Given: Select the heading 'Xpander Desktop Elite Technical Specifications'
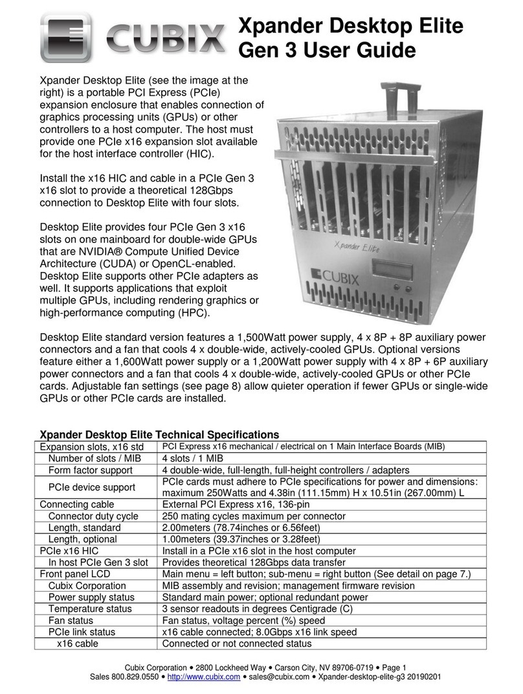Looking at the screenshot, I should coord(159,435).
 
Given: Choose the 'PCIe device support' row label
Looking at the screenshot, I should coord(92,487).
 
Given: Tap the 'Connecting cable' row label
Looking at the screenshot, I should coord(77,504).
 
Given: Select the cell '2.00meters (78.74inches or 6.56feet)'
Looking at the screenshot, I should coord(241,527).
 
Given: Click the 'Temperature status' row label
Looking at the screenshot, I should coord(90,609).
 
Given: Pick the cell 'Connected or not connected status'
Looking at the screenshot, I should coord(236,643).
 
